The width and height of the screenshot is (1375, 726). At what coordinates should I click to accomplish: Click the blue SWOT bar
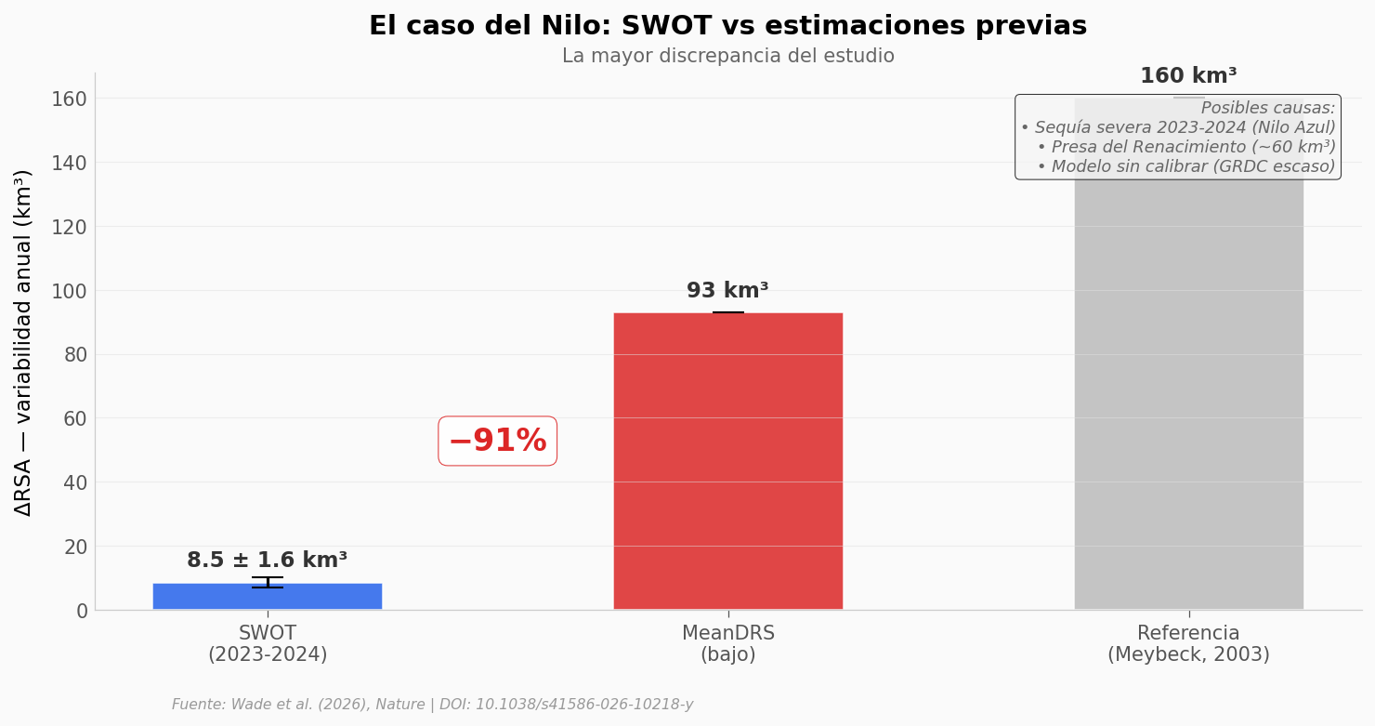pos(267,597)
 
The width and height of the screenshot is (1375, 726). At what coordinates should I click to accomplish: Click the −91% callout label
pos(497,441)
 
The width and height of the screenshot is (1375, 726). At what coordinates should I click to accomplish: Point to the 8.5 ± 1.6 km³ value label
pos(267,561)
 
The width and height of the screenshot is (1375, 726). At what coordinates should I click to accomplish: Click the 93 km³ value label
pos(727,291)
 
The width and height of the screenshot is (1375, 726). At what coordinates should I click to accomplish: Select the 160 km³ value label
pos(1188,76)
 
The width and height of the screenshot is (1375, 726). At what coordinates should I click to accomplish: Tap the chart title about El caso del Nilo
pos(727,26)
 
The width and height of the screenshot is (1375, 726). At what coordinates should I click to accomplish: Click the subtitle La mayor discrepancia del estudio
pos(727,57)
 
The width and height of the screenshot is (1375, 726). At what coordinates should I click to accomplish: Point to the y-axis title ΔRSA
pos(23,342)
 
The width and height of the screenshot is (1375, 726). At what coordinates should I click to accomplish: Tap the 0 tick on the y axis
pos(81,611)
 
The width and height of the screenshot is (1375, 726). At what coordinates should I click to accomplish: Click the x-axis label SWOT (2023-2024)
pos(267,644)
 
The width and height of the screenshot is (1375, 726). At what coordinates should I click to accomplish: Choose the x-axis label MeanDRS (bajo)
pos(727,644)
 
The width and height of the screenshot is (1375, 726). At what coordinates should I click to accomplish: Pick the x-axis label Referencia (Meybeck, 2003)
pos(1188,644)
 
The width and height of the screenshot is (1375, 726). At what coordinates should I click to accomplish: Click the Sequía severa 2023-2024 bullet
pos(1177,128)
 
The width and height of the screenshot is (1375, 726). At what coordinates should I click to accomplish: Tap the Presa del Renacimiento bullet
pos(1185,148)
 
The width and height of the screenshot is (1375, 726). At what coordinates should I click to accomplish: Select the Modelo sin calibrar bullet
pos(1185,167)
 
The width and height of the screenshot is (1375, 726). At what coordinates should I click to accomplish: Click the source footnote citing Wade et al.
pos(432,705)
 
